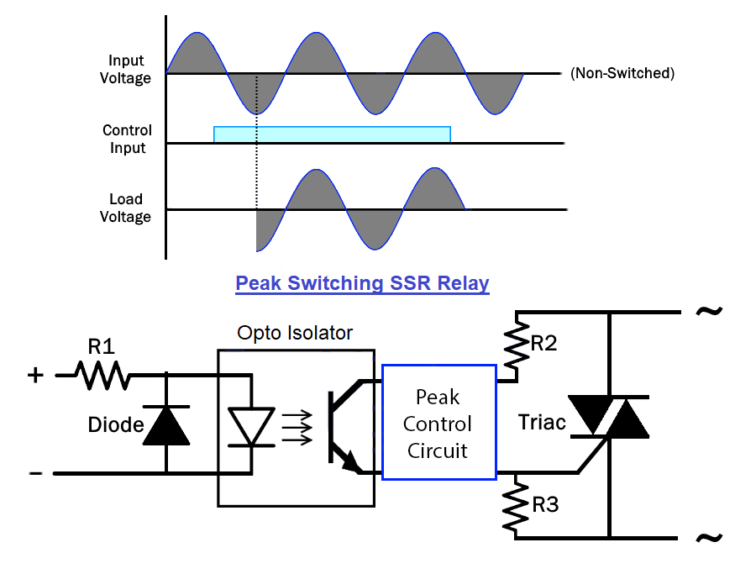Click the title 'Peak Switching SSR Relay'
362,283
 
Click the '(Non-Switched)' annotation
622,73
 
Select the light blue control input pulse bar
332,134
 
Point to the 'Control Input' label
127,140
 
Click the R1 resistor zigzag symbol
104,376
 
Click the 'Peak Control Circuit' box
438,422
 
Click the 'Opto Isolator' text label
296,333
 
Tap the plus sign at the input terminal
34,375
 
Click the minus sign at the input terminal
35,473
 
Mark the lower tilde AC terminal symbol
708,537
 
